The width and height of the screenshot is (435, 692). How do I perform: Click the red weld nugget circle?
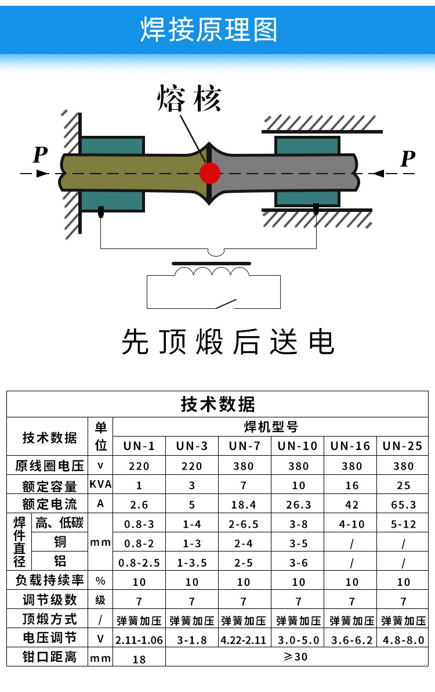pyautogui.click(x=209, y=172)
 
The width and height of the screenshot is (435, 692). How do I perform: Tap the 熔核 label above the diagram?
pyautogui.click(x=189, y=99)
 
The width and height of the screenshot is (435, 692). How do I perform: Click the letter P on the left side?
pyautogui.click(x=39, y=156)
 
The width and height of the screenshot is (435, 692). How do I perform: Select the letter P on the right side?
pyautogui.click(x=408, y=158)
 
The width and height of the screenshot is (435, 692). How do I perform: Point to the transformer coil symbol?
pyautogui.click(x=212, y=272)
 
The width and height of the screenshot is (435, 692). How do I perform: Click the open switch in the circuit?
pyautogui.click(x=227, y=304)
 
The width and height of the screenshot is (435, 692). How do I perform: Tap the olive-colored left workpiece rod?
pyautogui.click(x=128, y=172)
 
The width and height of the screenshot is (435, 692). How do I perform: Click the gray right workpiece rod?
pyautogui.click(x=284, y=172)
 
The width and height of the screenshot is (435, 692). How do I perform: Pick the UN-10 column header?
pyautogui.click(x=298, y=446)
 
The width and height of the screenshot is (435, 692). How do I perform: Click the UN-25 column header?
pyautogui.click(x=403, y=446)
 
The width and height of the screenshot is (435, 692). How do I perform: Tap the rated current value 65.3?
pyautogui.click(x=403, y=504)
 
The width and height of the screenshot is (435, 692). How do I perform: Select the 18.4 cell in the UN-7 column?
pyautogui.click(x=244, y=504)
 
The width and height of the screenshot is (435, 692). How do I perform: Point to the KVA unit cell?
pyautogui.click(x=100, y=485)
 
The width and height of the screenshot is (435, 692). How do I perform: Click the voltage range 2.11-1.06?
pyautogui.click(x=139, y=640)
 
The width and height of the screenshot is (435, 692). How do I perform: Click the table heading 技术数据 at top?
pyautogui.click(x=217, y=404)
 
